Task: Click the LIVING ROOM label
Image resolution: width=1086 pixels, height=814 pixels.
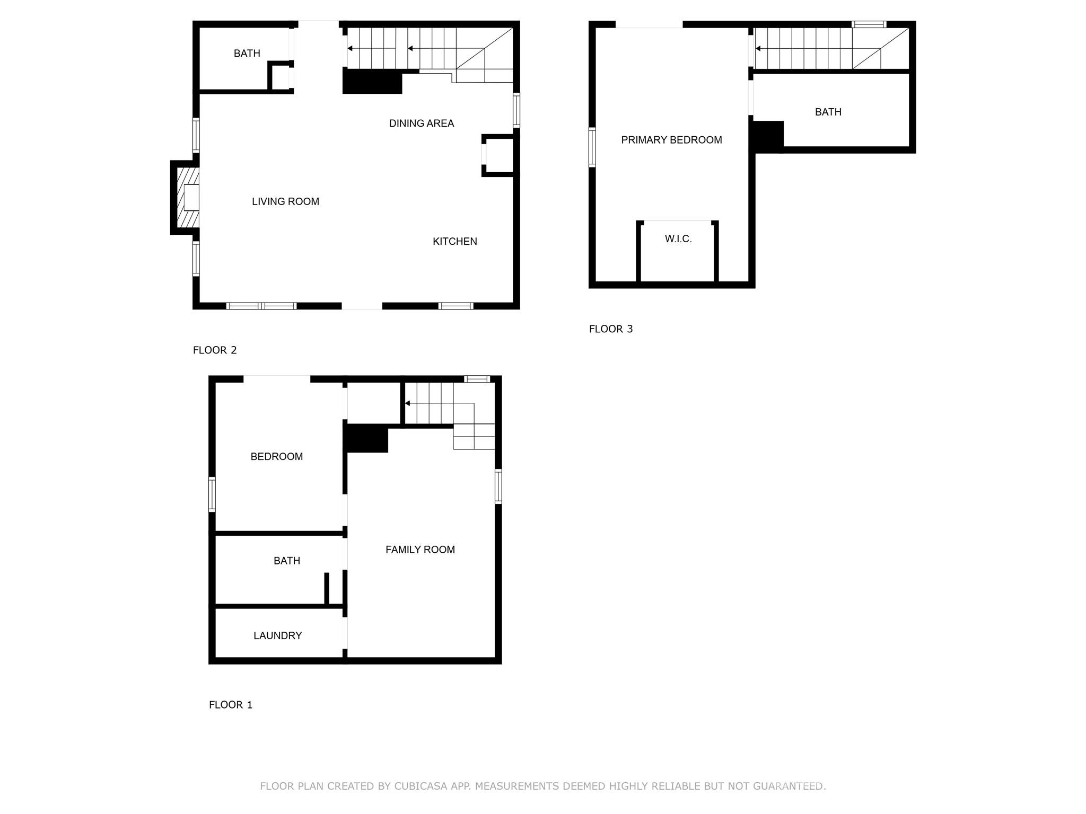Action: [x=285, y=201]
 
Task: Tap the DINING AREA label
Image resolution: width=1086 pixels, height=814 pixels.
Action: [x=421, y=123]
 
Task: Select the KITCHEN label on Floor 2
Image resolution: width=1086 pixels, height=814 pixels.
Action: [x=454, y=242]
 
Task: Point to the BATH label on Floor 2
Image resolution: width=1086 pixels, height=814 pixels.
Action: [x=247, y=54]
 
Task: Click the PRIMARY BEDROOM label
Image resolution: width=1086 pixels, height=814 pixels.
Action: [x=671, y=140]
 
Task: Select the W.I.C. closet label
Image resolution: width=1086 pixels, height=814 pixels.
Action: [x=678, y=239]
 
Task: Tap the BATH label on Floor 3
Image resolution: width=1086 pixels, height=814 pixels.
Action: [x=828, y=112]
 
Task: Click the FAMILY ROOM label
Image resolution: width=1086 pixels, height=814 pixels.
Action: [x=420, y=550]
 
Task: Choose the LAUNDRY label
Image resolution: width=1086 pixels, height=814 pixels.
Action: [x=277, y=635]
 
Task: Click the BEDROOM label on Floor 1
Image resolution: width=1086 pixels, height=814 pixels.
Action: [x=276, y=456]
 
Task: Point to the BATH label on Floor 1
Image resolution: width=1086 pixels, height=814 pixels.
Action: [x=286, y=561]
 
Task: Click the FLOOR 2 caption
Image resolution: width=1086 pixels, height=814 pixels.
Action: [x=215, y=350]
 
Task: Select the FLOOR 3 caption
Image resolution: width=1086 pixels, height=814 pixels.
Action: [x=611, y=329]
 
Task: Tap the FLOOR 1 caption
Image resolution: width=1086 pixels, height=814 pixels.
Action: [x=231, y=705]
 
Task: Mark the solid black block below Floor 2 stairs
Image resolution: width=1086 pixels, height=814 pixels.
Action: [x=372, y=83]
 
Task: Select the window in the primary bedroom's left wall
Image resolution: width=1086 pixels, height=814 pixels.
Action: [x=592, y=147]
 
